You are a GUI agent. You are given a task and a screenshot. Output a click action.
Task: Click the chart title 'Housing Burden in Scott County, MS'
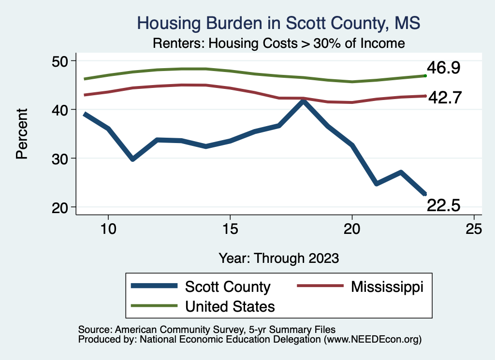pos(278,23)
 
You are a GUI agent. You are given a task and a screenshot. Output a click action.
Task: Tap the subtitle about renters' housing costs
pos(279,43)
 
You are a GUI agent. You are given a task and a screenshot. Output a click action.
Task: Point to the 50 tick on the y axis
pos(60,61)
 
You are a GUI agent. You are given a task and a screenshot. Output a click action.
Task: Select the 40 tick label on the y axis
pos(60,110)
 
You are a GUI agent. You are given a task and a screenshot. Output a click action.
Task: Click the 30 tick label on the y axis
pos(60,159)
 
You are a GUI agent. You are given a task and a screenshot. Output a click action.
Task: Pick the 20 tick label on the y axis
pos(60,208)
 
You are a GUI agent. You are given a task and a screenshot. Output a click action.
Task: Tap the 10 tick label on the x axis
pos(108,229)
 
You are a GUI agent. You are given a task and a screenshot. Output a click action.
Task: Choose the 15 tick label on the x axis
pos(230,229)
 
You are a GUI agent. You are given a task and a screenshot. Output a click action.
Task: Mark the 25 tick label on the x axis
pos(474,229)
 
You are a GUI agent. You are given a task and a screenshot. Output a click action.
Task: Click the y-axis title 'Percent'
pos(22,134)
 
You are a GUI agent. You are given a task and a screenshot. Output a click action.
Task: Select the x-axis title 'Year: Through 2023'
pos(279,258)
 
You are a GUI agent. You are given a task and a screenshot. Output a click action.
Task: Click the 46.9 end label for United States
pos(444,68)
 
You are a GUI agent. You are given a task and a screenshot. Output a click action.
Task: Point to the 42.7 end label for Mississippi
pos(445,98)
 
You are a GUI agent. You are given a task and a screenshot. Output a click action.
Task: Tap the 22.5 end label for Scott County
pos(444,206)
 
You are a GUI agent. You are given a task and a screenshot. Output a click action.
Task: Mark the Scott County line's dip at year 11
pos(133,158)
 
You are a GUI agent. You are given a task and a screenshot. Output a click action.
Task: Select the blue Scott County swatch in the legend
pos(154,286)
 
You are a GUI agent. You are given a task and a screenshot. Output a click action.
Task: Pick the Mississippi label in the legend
pos(387,287)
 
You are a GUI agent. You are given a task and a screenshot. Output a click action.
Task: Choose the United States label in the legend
pos(230,306)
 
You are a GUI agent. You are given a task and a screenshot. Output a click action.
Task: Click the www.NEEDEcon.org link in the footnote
pos(373,340)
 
